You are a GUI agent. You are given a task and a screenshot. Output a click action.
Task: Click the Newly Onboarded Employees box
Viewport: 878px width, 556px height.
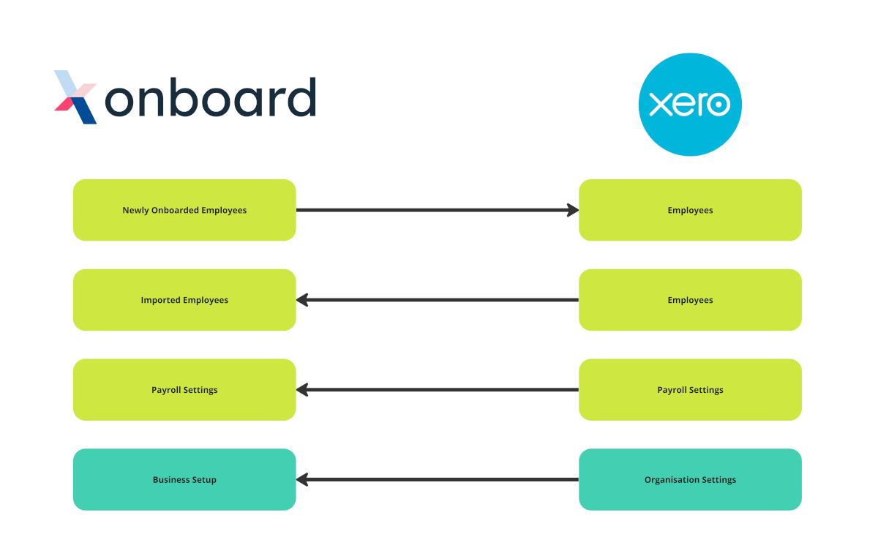(184, 210)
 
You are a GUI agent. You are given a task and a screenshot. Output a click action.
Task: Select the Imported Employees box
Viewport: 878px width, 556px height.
(184, 300)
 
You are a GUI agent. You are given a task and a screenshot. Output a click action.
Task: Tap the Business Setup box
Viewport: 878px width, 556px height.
(184, 480)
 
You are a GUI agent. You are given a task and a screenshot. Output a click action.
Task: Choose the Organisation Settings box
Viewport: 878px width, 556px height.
(690, 480)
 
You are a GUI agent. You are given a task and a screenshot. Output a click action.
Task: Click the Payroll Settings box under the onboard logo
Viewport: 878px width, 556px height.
(184, 390)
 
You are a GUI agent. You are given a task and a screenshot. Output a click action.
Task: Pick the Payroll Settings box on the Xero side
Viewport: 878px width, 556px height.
(690, 390)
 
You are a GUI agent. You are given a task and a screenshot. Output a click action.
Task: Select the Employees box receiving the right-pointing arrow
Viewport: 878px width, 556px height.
(690, 210)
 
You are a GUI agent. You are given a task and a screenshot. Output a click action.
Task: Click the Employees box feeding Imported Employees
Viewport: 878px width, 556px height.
(690, 300)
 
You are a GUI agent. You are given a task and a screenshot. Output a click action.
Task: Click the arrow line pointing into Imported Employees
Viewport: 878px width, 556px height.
(439, 300)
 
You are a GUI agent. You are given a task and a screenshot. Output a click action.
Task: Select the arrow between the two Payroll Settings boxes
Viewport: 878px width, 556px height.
(439, 390)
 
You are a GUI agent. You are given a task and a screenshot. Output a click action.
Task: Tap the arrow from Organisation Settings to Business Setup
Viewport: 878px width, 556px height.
(439, 480)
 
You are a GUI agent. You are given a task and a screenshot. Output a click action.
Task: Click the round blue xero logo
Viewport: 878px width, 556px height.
(690, 104)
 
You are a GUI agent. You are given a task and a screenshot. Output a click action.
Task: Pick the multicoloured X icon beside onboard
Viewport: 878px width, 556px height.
(76, 97)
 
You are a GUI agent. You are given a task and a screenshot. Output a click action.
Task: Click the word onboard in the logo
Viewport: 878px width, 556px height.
(211, 97)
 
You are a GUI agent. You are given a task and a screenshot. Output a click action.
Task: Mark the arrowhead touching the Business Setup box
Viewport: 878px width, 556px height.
(301, 480)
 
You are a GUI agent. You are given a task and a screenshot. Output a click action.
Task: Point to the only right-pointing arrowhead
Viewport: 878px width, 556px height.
(573, 210)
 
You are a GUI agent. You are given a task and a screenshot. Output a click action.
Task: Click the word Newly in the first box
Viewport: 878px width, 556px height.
(135, 210)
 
